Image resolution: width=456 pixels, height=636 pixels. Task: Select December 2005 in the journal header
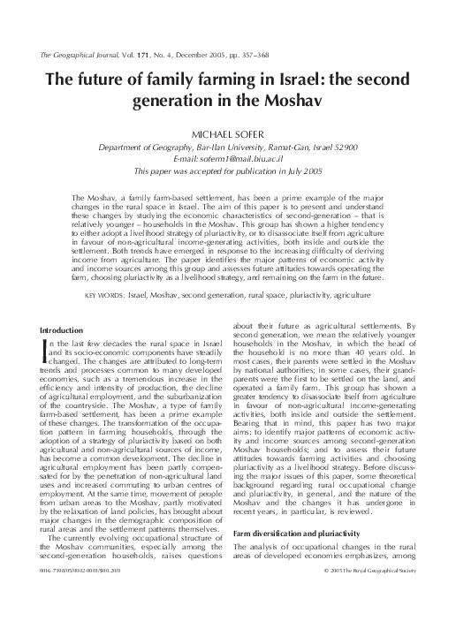coord(210,55)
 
